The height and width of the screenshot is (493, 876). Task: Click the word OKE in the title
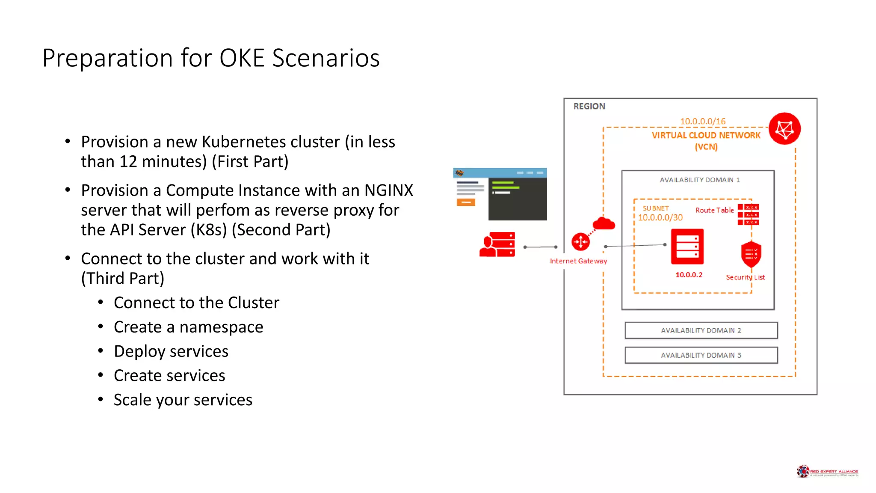pyautogui.click(x=242, y=58)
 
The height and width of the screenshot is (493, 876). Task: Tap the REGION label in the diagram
pyautogui.click(x=589, y=106)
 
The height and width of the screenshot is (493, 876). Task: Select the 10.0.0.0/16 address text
pyautogui.click(x=703, y=121)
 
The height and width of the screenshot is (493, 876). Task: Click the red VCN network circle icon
pyautogui.click(x=784, y=129)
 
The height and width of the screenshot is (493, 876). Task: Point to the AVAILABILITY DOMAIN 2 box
pyautogui.click(x=701, y=330)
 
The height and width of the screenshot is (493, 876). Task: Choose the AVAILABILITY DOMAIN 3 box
pyautogui.click(x=701, y=355)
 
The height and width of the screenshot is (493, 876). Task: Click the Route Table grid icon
pyautogui.click(x=748, y=214)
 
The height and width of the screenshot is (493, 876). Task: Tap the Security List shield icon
pyautogui.click(x=751, y=254)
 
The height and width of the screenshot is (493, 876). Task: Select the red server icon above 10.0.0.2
pyautogui.click(x=687, y=247)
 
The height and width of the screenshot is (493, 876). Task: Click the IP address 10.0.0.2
pyautogui.click(x=689, y=275)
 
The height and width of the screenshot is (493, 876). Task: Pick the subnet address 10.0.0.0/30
pyautogui.click(x=660, y=217)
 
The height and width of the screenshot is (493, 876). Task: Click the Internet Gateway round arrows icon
pyautogui.click(x=580, y=242)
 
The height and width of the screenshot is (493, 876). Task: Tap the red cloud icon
pyautogui.click(x=604, y=223)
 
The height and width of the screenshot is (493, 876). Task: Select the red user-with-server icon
pyautogui.click(x=497, y=244)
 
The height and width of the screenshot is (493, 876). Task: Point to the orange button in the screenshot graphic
pyautogui.click(x=466, y=202)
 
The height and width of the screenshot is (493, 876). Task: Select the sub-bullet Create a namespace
pyautogui.click(x=188, y=327)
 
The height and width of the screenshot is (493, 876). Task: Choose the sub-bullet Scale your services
pyautogui.click(x=183, y=400)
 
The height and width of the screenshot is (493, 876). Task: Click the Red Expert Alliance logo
pyautogui.click(x=827, y=471)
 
